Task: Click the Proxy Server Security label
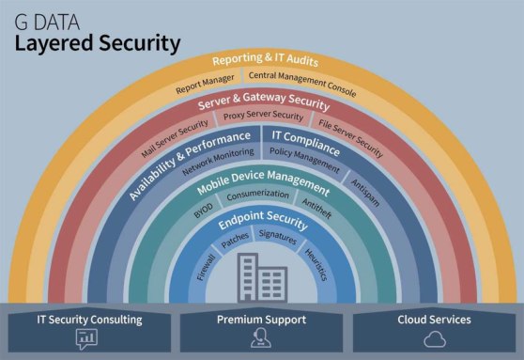point(264,117)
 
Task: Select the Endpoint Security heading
point(263,223)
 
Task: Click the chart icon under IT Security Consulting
point(88,338)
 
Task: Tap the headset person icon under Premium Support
point(262,338)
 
